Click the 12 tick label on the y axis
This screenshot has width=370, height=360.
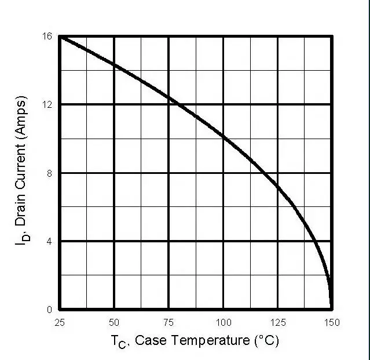48,104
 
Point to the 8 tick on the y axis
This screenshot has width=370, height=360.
49,173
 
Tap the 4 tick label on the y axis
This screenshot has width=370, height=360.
49,241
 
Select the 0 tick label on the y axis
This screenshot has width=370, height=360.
49,310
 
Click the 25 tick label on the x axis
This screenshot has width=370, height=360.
60,322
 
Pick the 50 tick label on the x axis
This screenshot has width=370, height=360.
114,322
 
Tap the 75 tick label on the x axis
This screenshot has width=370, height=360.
168,322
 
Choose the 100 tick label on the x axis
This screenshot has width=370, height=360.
223,322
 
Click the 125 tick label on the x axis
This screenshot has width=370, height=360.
277,322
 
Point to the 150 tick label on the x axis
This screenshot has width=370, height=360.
332,322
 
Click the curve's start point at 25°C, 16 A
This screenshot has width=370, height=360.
60,36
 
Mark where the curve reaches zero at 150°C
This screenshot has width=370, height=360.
331,309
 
